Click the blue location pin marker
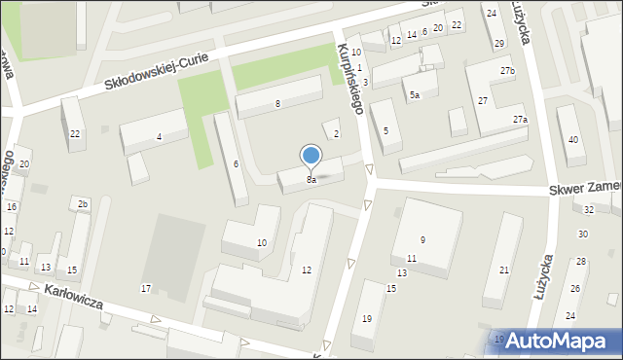pos(311,156)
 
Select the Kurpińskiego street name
pos(350,78)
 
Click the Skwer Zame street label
pos(584,190)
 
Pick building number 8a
pos(311,179)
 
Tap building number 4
pos(159,136)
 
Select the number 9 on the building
pos(422,239)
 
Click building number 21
pos(503,270)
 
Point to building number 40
pos(573,139)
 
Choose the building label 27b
pos(508,72)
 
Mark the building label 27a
pos(521,119)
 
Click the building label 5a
pos(415,94)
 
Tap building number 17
pos(146,288)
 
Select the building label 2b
pos(83,203)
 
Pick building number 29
pos(499,43)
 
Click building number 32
pos(589,209)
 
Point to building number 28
pos(580,262)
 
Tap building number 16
pos(12,207)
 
